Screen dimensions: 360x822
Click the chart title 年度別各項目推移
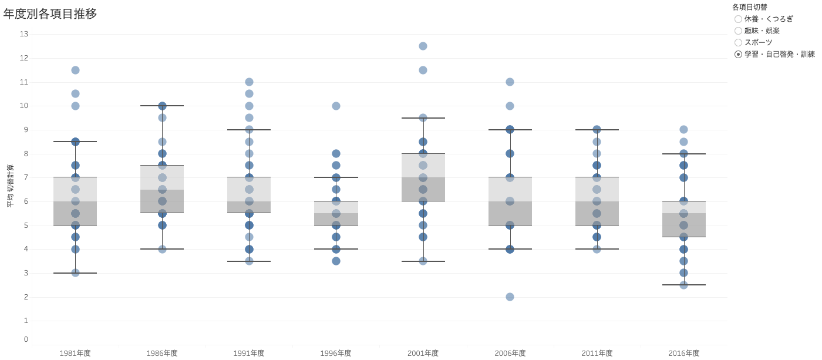pos(50,14)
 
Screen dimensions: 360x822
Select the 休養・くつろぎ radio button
pos(738,19)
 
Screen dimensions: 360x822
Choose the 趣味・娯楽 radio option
pos(738,31)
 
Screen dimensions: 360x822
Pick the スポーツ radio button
pos(738,42)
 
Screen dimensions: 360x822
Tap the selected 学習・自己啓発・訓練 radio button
pos(738,54)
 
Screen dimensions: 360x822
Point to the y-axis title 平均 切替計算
pos(9,186)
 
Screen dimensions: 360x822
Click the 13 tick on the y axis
pos(24,34)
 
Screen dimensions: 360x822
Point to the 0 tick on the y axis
pos(26,339)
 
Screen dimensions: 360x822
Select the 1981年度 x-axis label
pos(75,353)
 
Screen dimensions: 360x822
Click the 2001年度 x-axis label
pos(423,353)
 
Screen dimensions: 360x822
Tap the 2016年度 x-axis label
pos(683,353)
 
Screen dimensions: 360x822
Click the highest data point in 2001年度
pos(423,46)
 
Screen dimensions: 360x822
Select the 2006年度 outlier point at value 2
pos(510,297)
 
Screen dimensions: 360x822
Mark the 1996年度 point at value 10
pos(336,106)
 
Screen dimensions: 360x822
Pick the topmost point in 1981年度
pos(75,70)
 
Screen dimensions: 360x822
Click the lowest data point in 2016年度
pos(683,285)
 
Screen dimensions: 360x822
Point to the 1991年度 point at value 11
pos(249,82)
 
